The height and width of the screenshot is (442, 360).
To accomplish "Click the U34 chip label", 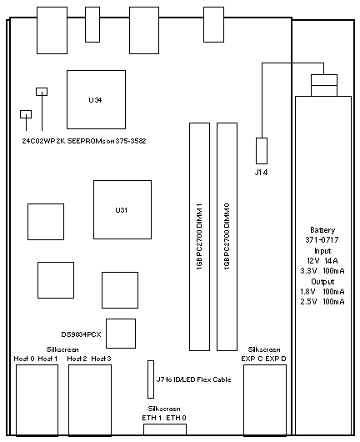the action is pyautogui.click(x=95, y=100).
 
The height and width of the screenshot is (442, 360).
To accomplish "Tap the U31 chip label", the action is pyautogui.click(x=122, y=210).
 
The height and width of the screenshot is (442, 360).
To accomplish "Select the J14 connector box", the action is pyautogui.click(x=262, y=151).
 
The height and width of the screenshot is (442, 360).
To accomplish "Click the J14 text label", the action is pyautogui.click(x=261, y=173).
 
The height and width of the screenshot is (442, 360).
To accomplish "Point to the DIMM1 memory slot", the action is pyautogui.click(x=199, y=237).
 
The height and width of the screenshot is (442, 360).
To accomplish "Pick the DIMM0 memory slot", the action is pyautogui.click(x=227, y=237).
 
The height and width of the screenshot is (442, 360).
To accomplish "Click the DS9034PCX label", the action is pyautogui.click(x=81, y=334).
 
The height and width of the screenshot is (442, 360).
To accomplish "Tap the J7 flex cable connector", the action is pyautogui.click(x=151, y=379).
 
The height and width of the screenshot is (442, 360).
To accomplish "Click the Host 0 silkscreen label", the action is pyautogui.click(x=24, y=359).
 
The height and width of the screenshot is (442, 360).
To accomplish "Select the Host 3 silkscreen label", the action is pyautogui.click(x=101, y=359).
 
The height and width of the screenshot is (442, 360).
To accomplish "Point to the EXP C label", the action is pyautogui.click(x=252, y=359).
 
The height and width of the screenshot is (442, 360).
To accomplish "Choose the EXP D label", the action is pyautogui.click(x=276, y=359).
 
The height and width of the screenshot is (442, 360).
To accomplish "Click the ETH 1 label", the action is pyautogui.click(x=152, y=418).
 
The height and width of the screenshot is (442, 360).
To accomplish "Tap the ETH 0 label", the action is pyautogui.click(x=176, y=418).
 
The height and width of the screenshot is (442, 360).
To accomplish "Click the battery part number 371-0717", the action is pyautogui.click(x=322, y=240).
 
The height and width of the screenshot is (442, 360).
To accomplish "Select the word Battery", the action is pyautogui.click(x=322, y=230).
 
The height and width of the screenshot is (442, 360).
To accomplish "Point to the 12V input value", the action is pyautogui.click(x=313, y=261).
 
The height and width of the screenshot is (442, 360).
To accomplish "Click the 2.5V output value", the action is pyautogui.click(x=308, y=302).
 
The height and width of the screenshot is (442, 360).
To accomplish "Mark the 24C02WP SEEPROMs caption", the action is pyautogui.click(x=84, y=141).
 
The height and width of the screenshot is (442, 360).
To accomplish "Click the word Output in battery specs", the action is pyautogui.click(x=322, y=282).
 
